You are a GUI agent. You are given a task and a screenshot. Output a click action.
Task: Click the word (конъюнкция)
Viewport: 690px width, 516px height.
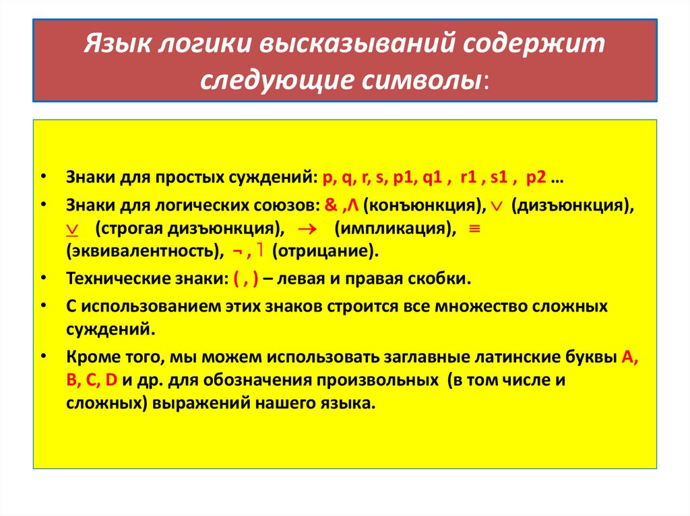pyautogui.click(x=421, y=204)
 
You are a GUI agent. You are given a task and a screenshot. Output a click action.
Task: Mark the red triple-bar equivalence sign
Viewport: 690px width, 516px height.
pyautogui.click(x=473, y=228)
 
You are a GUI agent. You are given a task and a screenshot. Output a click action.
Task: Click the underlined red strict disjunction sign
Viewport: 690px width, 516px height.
pyautogui.click(x=73, y=229)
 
